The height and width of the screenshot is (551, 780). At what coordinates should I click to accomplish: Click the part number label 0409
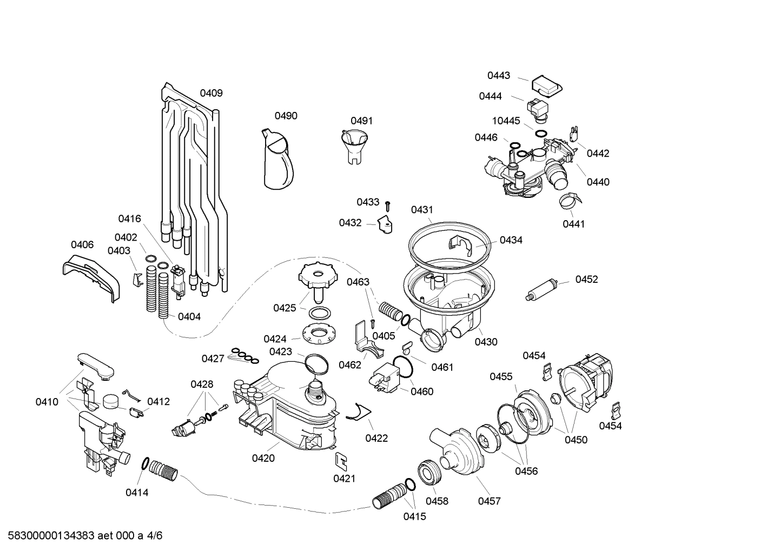[211, 93]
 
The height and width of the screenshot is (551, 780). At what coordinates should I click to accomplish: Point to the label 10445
[506, 121]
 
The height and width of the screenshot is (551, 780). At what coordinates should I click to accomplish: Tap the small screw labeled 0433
[388, 205]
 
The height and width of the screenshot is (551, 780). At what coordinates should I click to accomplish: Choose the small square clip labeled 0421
[341, 460]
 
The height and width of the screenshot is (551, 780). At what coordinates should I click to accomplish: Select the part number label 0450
[576, 440]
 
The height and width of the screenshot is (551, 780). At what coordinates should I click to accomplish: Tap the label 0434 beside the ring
[511, 240]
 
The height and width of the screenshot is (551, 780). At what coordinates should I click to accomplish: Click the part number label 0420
[263, 459]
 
